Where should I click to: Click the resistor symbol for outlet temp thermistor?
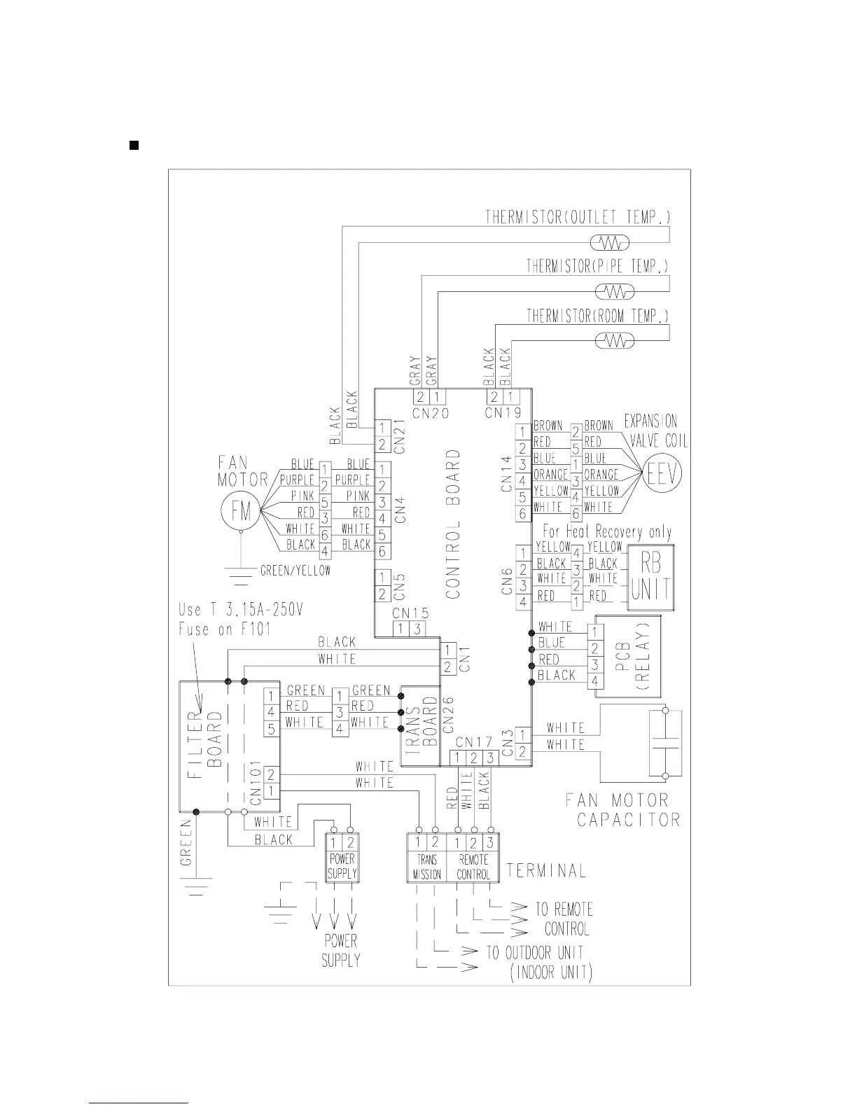coord(611,243)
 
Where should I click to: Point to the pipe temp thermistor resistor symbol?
coord(615,291)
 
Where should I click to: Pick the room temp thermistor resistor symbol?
coord(614,341)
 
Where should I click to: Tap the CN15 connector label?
coord(410,613)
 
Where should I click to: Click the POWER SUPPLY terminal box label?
coord(342,866)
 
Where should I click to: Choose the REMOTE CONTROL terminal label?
coord(473,867)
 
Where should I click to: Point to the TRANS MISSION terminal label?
coord(427,867)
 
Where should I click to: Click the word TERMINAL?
coord(546,871)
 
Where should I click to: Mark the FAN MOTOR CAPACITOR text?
coord(622,809)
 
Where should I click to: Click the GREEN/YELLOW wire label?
coord(295,571)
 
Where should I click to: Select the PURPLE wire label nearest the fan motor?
coord(297,480)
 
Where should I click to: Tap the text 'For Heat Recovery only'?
coord(607,532)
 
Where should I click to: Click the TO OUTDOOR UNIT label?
coord(535,953)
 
